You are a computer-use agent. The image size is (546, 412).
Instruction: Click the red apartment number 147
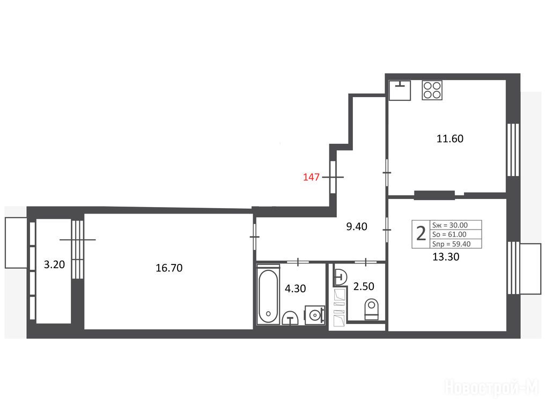311,177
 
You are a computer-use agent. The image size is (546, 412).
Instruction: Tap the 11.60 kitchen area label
450,138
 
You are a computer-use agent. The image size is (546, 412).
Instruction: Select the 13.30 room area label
446,256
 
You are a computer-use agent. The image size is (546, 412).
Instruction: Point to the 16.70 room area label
169,268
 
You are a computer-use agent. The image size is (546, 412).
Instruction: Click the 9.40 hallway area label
357,227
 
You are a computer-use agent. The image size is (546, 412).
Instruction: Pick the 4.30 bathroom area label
296,289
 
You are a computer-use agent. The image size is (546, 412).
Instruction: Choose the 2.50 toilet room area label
364,286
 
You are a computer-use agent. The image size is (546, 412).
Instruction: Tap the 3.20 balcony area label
54,264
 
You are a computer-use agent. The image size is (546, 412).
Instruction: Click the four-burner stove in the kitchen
432,90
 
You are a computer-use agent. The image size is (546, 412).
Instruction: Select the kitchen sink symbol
400,90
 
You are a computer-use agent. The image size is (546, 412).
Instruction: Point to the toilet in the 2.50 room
371,309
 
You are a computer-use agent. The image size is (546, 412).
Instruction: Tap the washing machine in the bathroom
315,315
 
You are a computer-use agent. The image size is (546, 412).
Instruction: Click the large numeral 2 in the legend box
421,234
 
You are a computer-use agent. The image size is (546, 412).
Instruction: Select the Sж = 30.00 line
450,225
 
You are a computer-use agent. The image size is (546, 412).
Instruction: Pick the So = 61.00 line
449,234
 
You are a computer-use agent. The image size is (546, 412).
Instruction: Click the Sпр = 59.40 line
451,244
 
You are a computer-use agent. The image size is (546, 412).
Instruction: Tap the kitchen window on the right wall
513,150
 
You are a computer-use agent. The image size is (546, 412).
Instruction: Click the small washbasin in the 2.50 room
340,277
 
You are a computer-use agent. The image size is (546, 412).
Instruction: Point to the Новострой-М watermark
491,387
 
